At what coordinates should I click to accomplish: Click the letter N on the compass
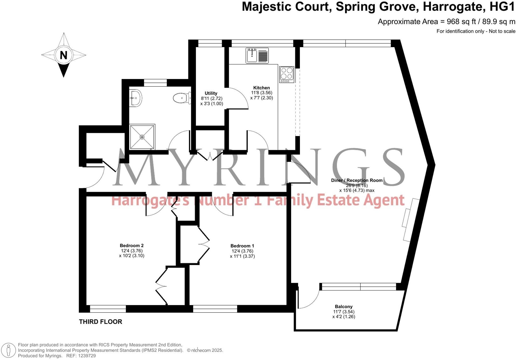pyautogui.click(x=63, y=55)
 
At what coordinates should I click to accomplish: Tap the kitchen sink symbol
pyautogui.click(x=257, y=55)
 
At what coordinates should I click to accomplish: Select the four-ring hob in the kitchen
pyautogui.click(x=287, y=74)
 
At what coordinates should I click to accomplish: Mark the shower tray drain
pyautogui.click(x=142, y=137)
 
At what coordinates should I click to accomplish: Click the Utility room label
pyautogui.click(x=211, y=93)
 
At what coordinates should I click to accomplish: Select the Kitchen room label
pyautogui.click(x=261, y=88)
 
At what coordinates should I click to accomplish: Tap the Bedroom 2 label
pyautogui.click(x=131, y=246)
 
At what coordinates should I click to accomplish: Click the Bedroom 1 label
pyautogui.click(x=242, y=246)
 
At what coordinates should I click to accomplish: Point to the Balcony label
pyautogui.click(x=344, y=306)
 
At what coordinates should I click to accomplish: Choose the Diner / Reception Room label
pyautogui.click(x=357, y=180)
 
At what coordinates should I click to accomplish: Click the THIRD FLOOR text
pyautogui.click(x=100, y=322)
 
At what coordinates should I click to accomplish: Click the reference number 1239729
pyautogui.click(x=87, y=356)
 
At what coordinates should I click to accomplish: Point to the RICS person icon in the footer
pyautogui.click(x=9, y=350)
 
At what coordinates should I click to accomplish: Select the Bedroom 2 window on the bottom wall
pyautogui.click(x=108, y=309)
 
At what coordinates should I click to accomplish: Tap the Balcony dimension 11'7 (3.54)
pyautogui.click(x=344, y=312)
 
